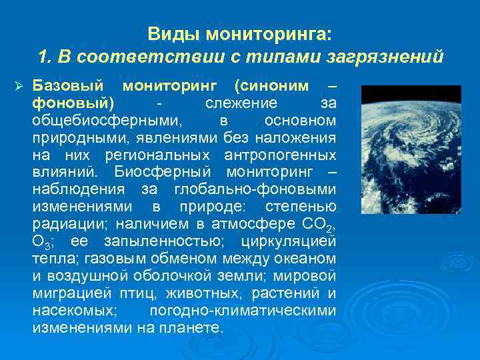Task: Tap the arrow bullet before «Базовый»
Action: click(x=19, y=87)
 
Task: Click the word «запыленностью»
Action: click(x=190, y=242)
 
